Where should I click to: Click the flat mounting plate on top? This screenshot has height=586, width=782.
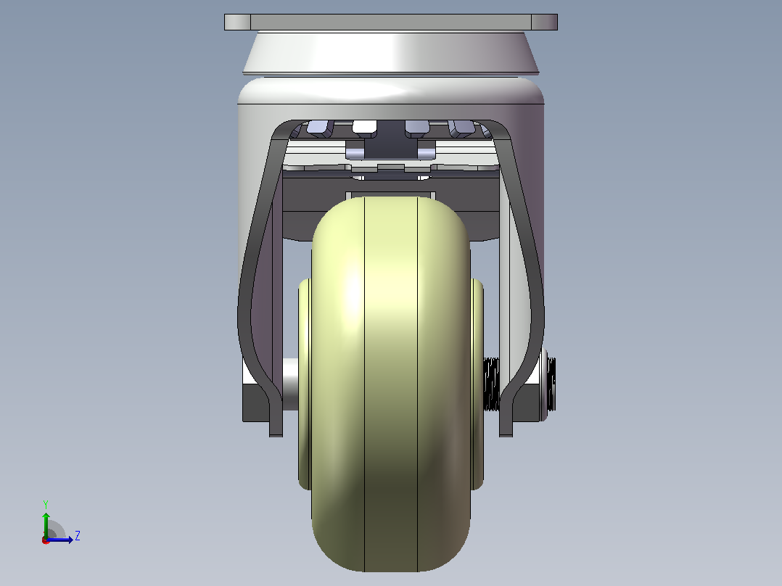(390, 22)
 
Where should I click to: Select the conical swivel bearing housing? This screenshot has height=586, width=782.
(390, 52)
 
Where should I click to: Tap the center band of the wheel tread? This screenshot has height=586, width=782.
(391, 384)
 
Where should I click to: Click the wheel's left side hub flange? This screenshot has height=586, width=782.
(304, 384)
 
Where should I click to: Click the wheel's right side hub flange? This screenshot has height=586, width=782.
(477, 384)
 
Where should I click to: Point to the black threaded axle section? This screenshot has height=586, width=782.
(492, 384)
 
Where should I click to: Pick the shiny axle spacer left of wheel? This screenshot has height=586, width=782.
(290, 384)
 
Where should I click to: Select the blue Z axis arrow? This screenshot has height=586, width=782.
(59, 539)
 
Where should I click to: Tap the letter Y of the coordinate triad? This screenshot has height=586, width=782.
(46, 504)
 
